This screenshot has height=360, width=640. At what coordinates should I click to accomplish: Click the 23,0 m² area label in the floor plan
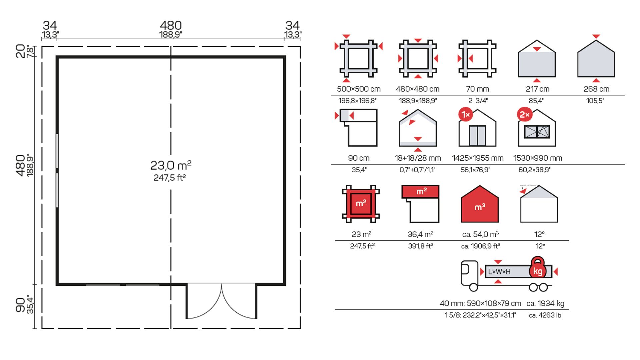coord(171,165)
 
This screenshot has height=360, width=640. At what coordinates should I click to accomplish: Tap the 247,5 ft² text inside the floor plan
coord(170,178)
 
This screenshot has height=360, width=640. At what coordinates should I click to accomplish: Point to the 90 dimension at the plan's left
coord(20,305)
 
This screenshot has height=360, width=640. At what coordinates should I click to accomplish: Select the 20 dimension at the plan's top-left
coord(20,51)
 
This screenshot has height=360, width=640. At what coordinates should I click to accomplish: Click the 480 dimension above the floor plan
coord(171,25)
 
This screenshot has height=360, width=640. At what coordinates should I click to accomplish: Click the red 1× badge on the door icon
coord(466,115)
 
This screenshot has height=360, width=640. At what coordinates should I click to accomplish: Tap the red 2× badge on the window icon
coord(525,115)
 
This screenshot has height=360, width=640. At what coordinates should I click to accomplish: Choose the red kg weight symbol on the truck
coord(537,268)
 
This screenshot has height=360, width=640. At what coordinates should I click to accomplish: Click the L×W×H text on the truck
coord(499,272)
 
